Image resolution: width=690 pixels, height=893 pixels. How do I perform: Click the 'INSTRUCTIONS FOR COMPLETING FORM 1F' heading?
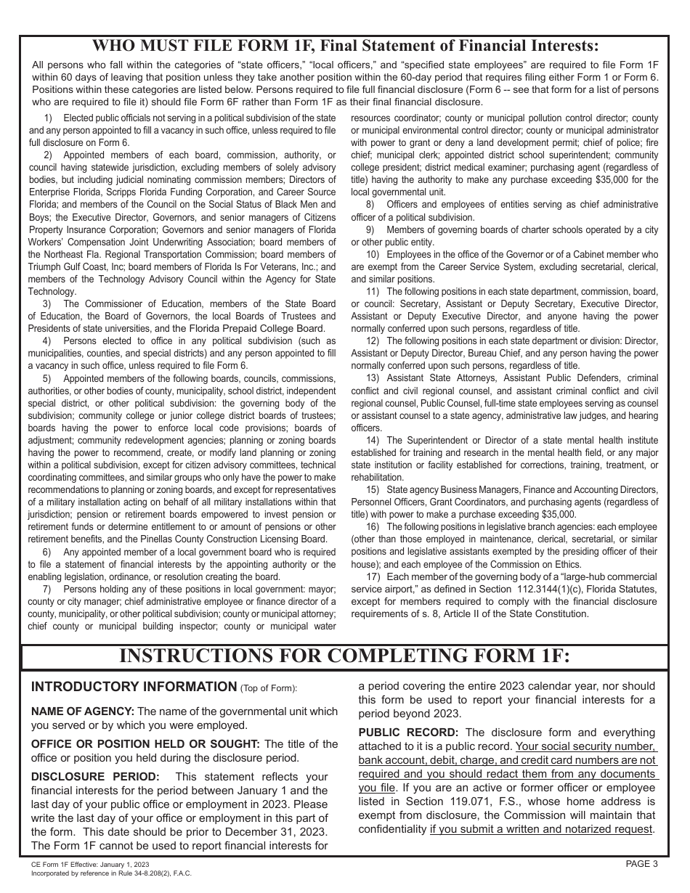344,656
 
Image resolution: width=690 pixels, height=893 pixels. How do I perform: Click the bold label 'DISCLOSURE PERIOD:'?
95,777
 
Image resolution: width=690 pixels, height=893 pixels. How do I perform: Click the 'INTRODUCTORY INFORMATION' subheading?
134,687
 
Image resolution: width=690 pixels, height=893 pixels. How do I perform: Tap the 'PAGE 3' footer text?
641,864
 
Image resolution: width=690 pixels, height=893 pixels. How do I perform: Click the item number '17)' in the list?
373,576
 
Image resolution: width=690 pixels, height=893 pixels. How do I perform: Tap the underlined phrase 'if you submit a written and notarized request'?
541,829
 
